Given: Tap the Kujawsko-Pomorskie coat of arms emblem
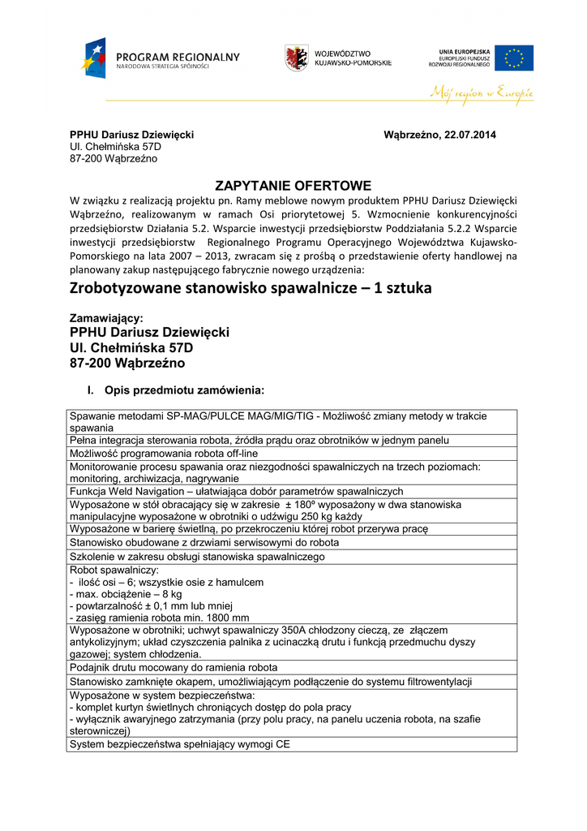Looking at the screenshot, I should [296, 58].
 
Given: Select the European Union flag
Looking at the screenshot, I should [514, 58].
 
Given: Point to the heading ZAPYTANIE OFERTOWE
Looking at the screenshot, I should [293, 185].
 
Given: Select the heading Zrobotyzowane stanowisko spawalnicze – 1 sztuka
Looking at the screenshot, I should [251, 288].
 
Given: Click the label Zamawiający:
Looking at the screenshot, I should [106, 319].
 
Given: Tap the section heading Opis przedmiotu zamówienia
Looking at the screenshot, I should [184, 390].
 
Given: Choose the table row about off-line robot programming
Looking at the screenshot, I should [164, 454].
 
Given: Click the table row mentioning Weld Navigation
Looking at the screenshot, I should [237, 491].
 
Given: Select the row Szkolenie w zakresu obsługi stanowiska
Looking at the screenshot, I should [197, 557].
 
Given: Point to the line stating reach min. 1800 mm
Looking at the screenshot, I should [150, 618].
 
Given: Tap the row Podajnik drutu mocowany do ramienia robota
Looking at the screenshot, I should [174, 667].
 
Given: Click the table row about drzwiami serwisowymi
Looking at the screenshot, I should [204, 542].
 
